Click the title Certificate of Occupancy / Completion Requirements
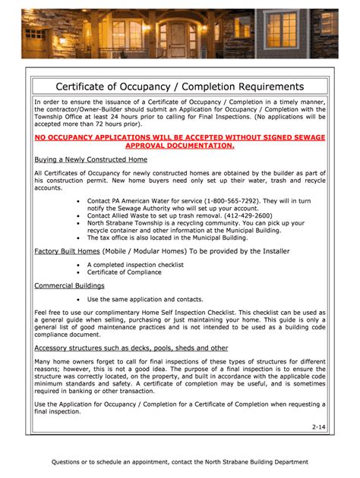(179, 86)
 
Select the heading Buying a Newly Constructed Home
(91, 160)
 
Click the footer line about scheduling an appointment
(179, 461)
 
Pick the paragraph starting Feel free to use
(179, 324)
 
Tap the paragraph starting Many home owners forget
(179, 379)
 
